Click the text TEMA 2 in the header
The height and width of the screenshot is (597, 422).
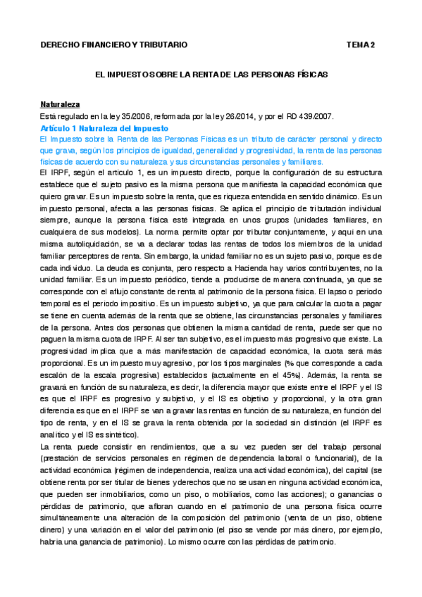(x=361, y=44)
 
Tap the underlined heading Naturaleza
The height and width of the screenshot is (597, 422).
(x=60, y=103)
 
